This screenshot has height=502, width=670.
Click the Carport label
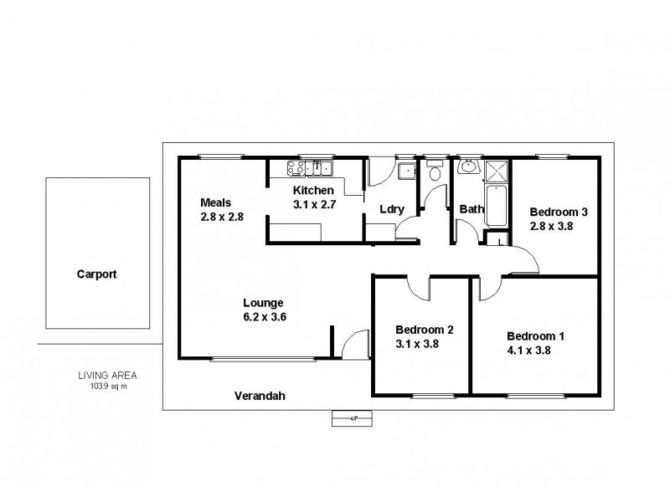[x=97, y=274]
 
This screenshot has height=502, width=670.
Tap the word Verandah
[x=260, y=397]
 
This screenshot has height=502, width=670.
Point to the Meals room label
[x=215, y=202]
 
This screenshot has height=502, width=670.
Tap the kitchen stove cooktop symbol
[x=296, y=167]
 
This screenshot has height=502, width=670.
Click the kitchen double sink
[x=320, y=169]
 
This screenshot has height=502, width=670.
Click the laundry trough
[x=407, y=171]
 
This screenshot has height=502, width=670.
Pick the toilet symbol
[x=434, y=173]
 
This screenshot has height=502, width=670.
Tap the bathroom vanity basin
[x=468, y=167]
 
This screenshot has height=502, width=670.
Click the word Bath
[x=470, y=210]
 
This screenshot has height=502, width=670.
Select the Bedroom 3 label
[x=558, y=213]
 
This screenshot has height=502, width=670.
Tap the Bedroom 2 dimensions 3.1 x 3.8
[x=418, y=343]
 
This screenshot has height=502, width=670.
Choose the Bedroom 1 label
[x=535, y=337]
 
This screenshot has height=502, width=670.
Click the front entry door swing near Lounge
[x=355, y=343]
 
